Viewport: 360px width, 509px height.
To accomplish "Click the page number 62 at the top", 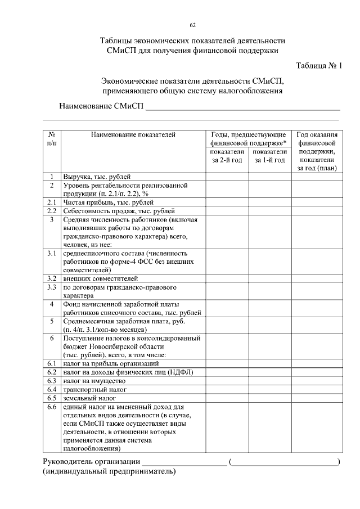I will pyautogui.click(x=193, y=25).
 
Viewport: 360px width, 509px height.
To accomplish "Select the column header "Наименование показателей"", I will pyautogui.click(x=132, y=135).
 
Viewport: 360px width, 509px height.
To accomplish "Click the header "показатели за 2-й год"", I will pyautogui.click(x=227, y=156).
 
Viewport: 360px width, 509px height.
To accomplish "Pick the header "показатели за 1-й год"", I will pyautogui.click(x=269, y=156).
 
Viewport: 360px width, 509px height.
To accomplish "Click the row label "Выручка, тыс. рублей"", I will pyautogui.click(x=97, y=177).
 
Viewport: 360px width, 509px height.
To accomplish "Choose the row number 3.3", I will pyautogui.click(x=52, y=287).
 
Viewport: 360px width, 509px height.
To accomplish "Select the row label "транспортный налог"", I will pyautogui.click(x=94, y=389).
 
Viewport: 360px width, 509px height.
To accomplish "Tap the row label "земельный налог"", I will pyautogui.click(x=89, y=398).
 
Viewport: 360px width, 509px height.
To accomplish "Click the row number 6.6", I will pyautogui.click(x=52, y=406).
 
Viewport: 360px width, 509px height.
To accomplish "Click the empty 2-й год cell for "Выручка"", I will pyautogui.click(x=227, y=177).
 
